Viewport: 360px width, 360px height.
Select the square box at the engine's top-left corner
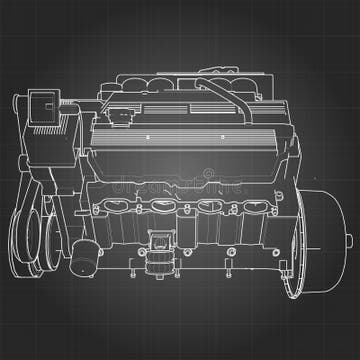(x=44, y=104)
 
